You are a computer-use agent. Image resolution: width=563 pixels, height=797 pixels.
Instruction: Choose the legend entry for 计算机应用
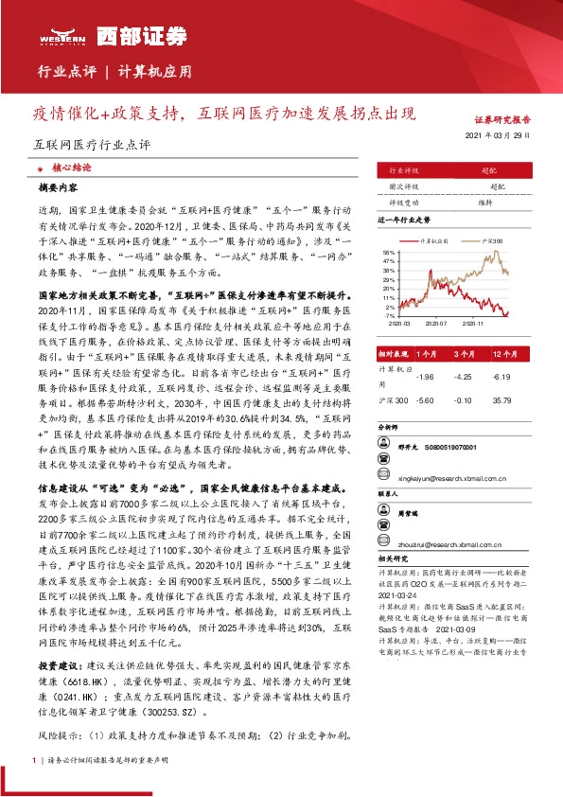click(x=435, y=240)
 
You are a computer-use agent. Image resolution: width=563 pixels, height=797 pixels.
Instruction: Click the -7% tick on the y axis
click(x=389, y=316)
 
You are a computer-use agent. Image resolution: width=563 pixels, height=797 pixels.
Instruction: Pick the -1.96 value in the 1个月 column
click(x=425, y=377)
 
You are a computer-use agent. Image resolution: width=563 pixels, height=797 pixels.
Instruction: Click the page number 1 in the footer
click(x=34, y=760)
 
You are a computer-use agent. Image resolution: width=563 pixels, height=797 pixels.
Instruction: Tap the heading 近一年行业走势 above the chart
click(x=404, y=219)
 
